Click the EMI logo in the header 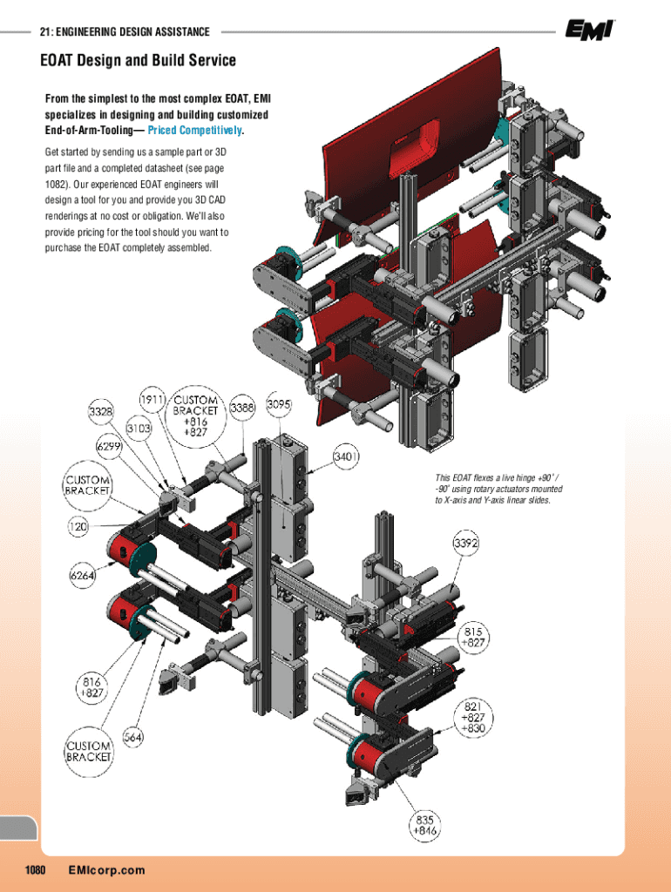(589, 30)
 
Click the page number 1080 (35, 870)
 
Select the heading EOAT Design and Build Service (138, 61)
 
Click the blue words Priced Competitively (195, 131)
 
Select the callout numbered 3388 (242, 407)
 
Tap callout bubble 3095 (280, 405)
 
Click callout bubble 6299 (108, 445)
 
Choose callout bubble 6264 (83, 575)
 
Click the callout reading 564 (132, 737)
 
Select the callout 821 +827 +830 (474, 717)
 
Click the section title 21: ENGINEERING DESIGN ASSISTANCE (125, 32)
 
